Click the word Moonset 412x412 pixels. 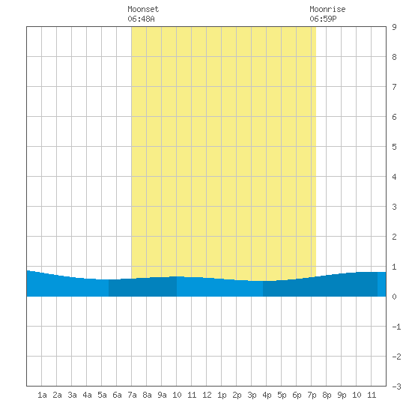(143, 9)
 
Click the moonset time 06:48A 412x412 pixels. (141, 19)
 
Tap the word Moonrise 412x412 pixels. (327, 9)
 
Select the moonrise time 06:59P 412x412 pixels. (323, 19)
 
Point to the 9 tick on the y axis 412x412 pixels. (394, 27)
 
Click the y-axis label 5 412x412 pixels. (394, 147)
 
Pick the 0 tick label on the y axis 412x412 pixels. (394, 297)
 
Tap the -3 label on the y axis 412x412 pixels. (396, 387)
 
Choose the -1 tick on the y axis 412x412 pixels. (396, 327)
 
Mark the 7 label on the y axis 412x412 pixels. (394, 87)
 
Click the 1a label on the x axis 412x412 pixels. (42, 395)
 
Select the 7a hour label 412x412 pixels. (132, 395)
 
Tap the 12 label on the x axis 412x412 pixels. (207, 395)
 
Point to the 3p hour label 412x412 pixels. (252, 395)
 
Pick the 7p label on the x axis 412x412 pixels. (312, 395)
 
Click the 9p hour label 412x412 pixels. (342, 395)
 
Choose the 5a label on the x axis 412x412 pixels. (102, 395)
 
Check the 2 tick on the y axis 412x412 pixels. (394, 237)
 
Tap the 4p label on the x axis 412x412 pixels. (267, 395)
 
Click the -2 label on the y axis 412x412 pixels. (396, 357)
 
